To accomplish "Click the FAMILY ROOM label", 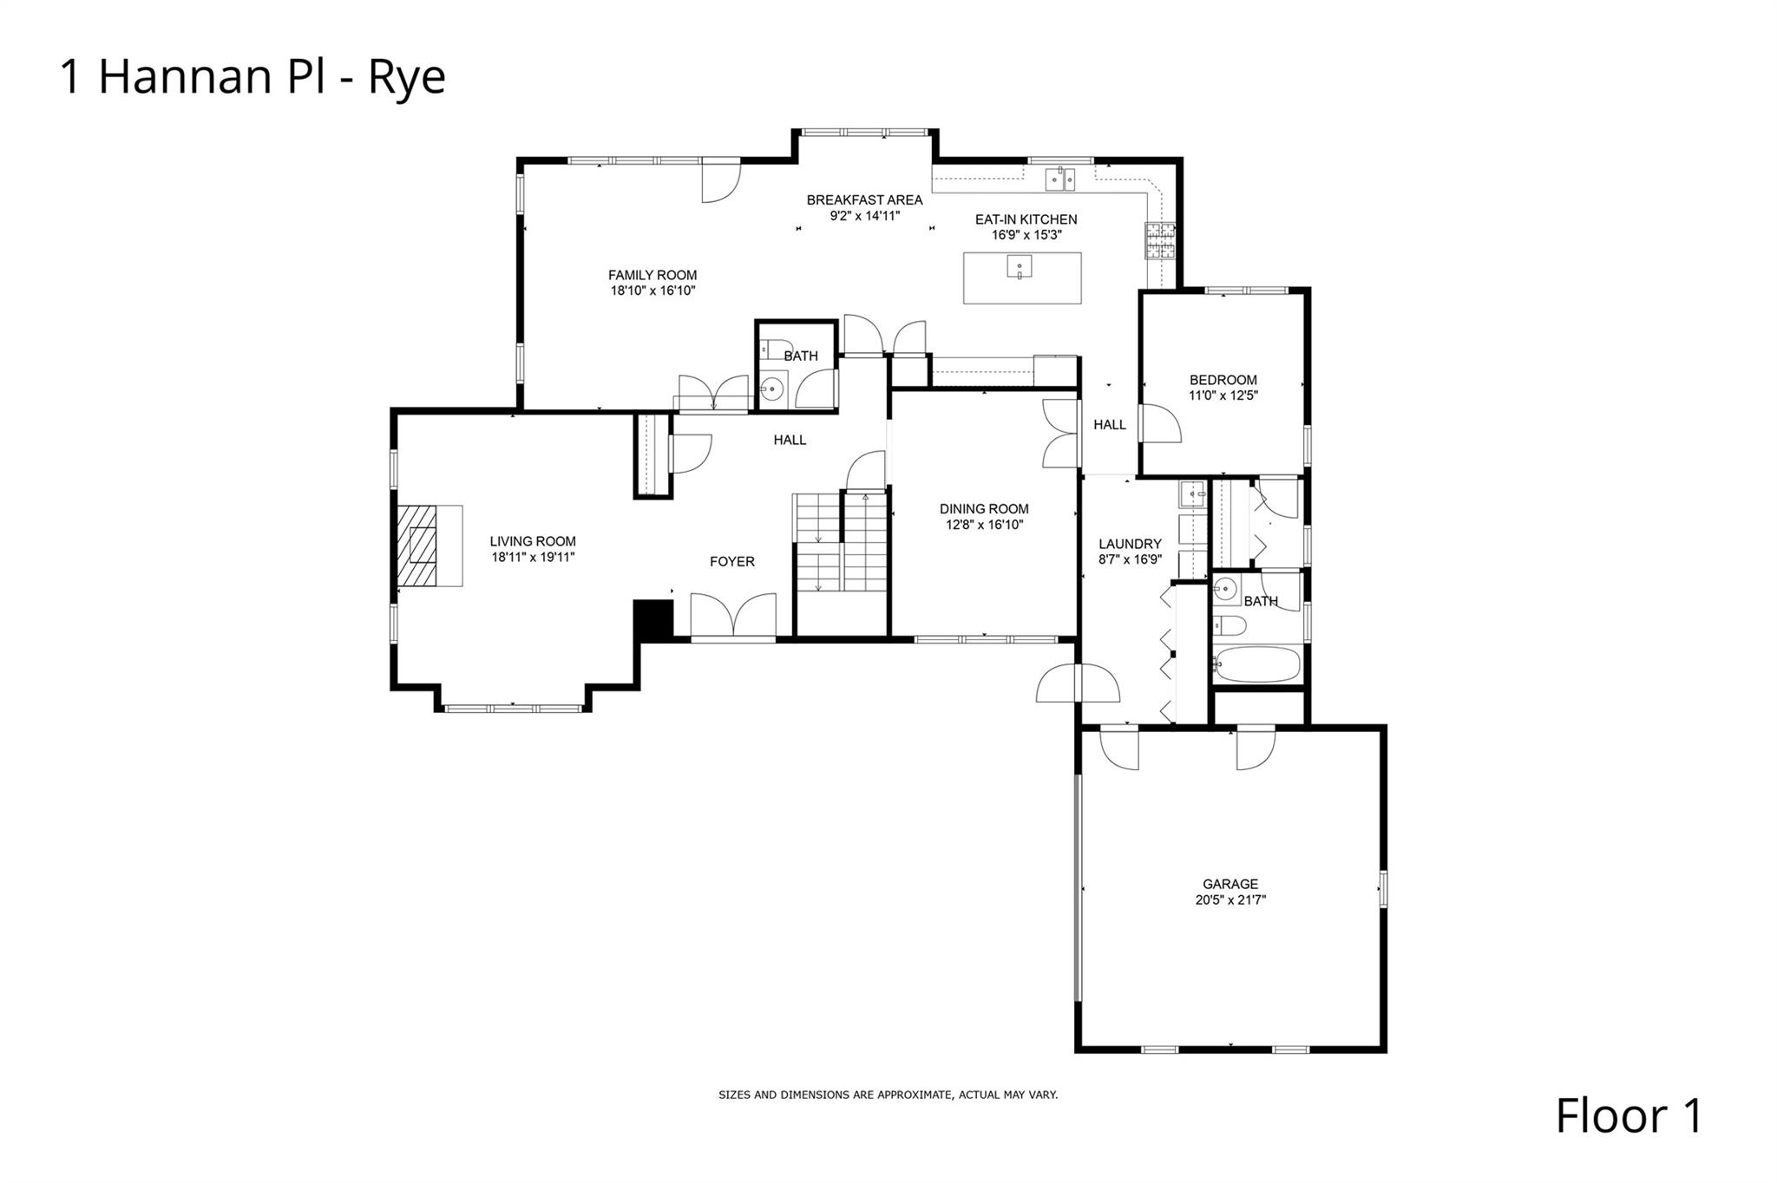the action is [652, 276].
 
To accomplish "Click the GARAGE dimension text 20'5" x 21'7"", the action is [1230, 900].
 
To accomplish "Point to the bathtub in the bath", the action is [1257, 664].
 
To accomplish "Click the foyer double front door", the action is [733, 616].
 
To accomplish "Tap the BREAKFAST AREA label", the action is [864, 200].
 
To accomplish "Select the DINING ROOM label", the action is [984, 509].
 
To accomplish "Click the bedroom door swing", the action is [1160, 424].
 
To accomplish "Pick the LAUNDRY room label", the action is [1130, 545].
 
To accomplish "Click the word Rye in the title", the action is [407, 77].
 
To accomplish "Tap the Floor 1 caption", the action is [1629, 1115].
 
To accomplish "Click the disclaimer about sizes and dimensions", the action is [888, 1095].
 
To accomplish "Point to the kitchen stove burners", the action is [1160, 241].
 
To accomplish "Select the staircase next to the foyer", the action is [840, 543].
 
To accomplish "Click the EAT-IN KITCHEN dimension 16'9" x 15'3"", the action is [1026, 235].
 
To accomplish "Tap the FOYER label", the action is [732, 562].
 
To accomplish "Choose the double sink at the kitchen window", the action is [1060, 179].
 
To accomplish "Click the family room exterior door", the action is [721, 180].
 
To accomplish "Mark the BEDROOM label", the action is [1223, 380].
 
